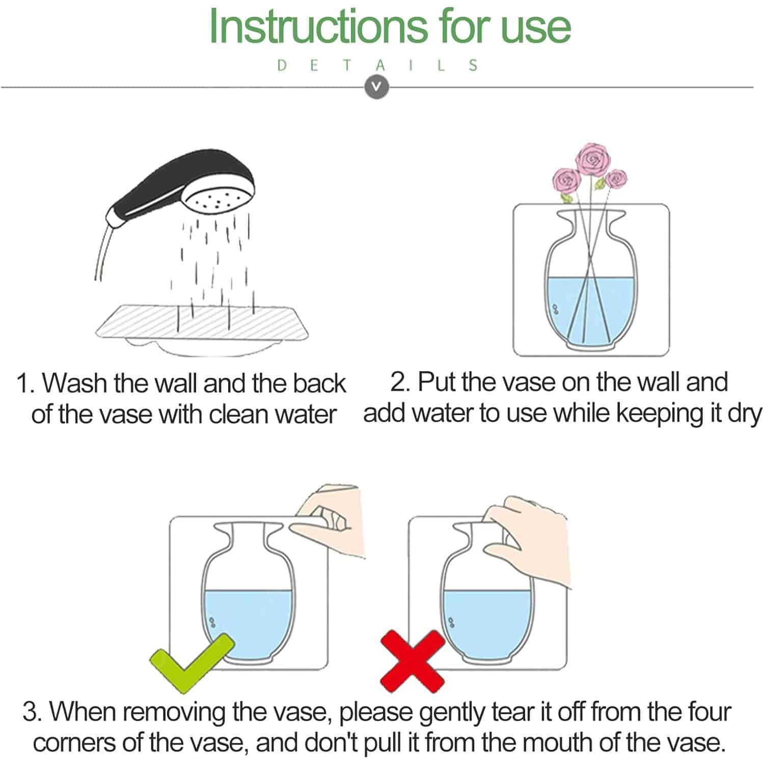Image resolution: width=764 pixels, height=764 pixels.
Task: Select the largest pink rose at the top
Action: coord(592,159)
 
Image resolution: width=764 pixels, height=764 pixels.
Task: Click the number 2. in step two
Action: coord(400,382)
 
